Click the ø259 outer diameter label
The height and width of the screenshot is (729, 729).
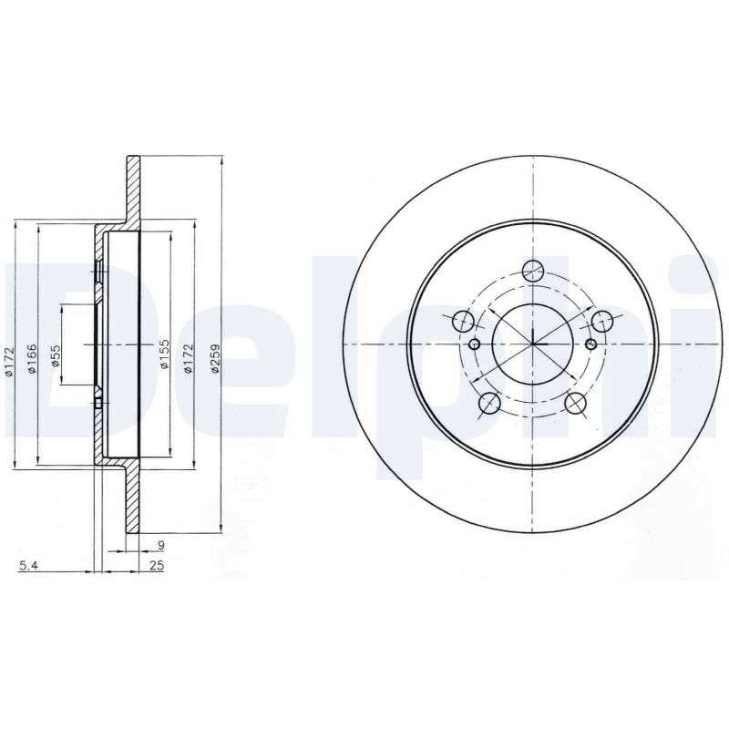point(214,358)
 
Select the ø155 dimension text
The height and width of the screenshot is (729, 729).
point(164,354)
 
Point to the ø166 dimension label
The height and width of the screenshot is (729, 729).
point(32,358)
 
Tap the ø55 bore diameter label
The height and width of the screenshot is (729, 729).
point(56,355)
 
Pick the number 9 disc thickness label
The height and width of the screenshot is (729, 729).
point(161,544)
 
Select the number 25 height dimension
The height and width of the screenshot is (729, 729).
point(157,565)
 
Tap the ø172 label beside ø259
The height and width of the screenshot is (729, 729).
point(188,358)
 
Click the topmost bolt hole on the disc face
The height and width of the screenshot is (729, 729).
point(533,271)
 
